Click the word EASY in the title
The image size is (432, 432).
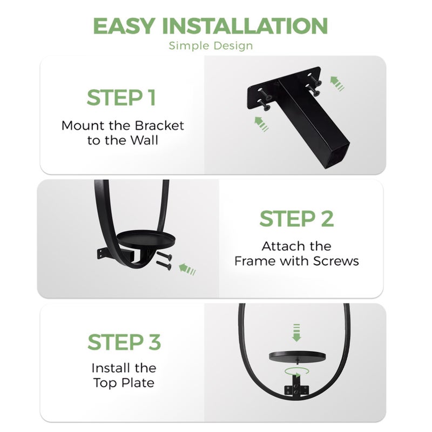(x=124, y=26)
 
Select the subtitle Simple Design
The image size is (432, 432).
(x=211, y=46)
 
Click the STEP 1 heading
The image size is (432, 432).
(x=121, y=98)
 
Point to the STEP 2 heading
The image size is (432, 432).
(x=296, y=219)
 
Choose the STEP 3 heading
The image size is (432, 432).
(x=124, y=342)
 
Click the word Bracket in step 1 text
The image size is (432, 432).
(x=159, y=126)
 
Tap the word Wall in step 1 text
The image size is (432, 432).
(x=144, y=140)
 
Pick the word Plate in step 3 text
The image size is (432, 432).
(x=138, y=383)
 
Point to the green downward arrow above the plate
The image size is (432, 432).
(x=296, y=333)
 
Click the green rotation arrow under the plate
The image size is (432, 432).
(x=296, y=372)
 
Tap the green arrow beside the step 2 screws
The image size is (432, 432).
(x=187, y=269)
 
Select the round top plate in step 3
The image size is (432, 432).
(x=297, y=356)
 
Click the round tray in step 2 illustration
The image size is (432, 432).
(x=146, y=238)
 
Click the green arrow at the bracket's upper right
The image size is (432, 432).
(x=337, y=84)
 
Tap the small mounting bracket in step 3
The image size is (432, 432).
(x=296, y=387)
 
